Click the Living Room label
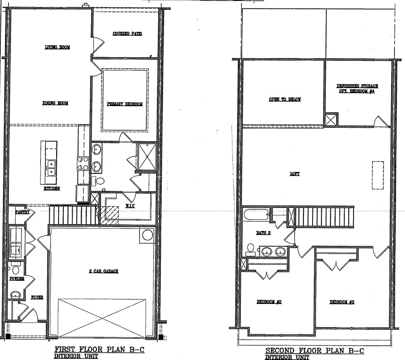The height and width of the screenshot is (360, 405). point(57,47)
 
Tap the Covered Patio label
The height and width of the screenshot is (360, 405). point(127,34)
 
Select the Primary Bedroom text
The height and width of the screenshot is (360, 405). point(125,104)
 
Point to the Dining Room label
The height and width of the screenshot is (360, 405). point(55,103)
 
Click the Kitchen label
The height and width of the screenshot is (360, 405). point(51,188)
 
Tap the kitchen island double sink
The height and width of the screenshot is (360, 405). point(51,168)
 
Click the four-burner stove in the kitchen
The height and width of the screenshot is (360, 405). point(83,164)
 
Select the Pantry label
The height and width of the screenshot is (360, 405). point(22,212)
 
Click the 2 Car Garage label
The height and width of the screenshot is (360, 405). point(104,271)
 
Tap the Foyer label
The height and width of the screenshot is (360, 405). point(37,297)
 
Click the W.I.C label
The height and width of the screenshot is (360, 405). point(130,206)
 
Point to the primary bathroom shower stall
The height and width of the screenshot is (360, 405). point(147,157)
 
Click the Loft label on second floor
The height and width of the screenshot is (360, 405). point(294,174)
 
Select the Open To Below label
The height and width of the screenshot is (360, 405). point(285,99)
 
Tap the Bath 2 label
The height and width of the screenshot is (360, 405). point(263,233)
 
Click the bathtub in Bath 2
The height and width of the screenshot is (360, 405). point(256,215)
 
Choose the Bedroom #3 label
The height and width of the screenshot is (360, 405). point(342,302)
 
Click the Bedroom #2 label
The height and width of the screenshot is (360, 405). point(269,302)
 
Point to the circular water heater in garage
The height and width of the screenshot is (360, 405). point(147,235)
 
